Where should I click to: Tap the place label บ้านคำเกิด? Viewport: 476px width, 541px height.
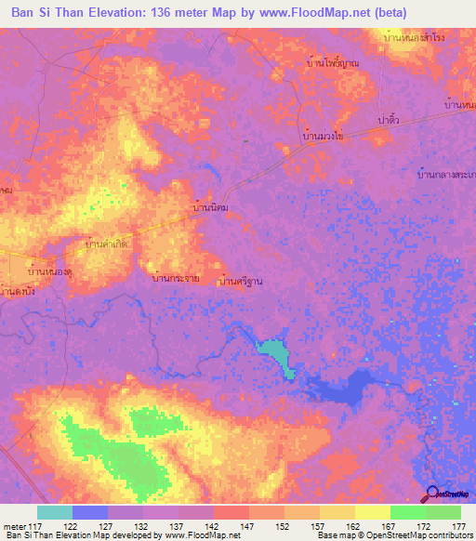107,244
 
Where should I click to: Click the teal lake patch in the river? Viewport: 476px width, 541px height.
274,353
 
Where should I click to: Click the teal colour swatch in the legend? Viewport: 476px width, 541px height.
55,512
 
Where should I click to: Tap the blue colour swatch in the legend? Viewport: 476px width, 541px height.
90,512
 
